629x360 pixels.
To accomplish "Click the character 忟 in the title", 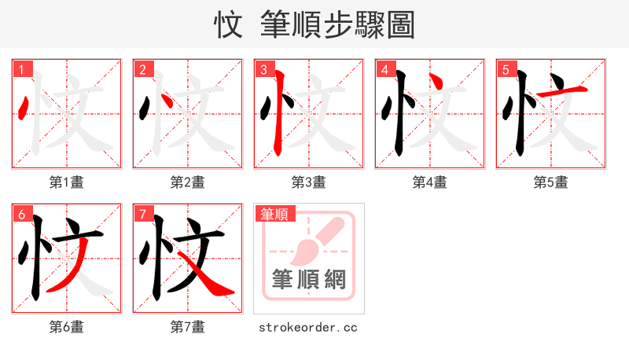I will (x=229, y=24).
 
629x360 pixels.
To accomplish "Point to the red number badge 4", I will (x=384, y=69).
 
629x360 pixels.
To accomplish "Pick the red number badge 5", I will (x=506, y=69).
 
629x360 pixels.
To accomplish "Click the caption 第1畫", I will (x=67, y=182).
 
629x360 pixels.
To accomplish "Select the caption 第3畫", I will (x=309, y=182).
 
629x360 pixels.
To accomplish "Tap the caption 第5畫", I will (x=551, y=182).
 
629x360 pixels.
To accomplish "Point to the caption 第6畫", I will (x=67, y=327).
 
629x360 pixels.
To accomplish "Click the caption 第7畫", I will (x=188, y=327).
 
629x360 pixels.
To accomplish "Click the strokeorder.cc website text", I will (x=309, y=327).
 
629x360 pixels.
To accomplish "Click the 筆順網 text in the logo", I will (x=309, y=279).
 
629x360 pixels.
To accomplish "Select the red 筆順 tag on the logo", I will (x=274, y=214).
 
